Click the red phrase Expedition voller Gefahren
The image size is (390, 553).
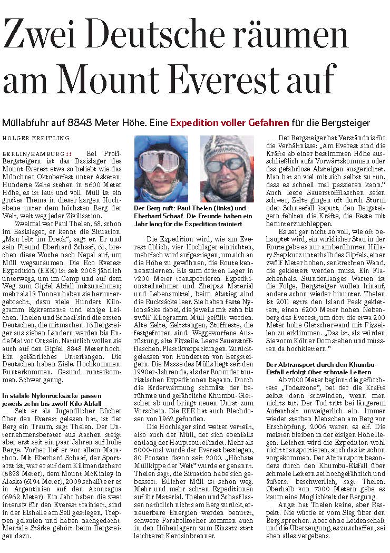[229, 123]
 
